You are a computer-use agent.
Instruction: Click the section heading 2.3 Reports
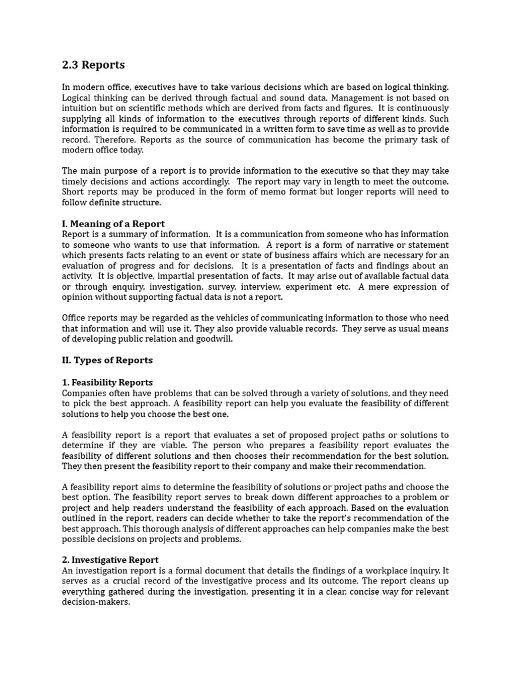(x=93, y=65)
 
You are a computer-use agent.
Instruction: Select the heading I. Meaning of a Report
(x=113, y=224)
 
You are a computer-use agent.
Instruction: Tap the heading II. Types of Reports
(x=107, y=360)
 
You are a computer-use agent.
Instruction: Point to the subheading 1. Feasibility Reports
(x=107, y=382)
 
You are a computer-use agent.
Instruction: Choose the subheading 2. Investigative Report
(x=110, y=560)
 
